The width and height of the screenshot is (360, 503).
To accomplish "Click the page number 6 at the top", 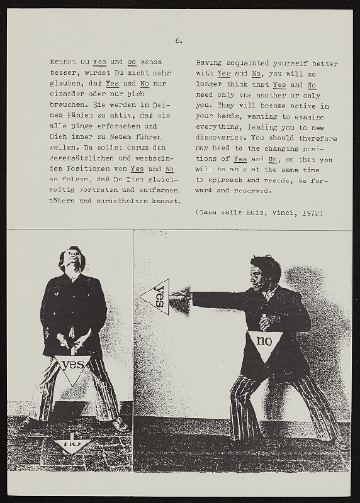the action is coord(179,41).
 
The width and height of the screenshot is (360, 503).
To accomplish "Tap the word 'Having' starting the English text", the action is coord(209,63).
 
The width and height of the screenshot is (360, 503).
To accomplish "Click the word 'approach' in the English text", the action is coord(231,180).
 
